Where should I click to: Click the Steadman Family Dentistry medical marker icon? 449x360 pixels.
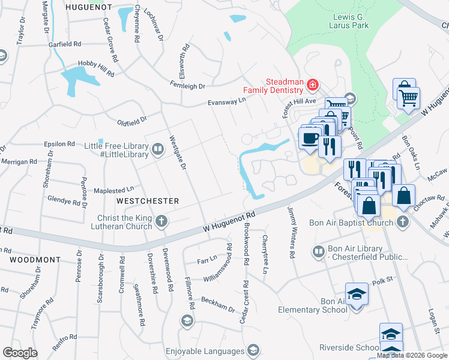(312, 86)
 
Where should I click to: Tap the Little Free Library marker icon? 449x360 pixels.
(158, 149)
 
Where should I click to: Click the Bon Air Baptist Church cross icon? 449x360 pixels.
(402, 223)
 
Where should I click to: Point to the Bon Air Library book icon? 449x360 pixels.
(319, 251)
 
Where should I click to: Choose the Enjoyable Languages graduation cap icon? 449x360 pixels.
(253, 350)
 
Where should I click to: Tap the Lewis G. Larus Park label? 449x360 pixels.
(351, 21)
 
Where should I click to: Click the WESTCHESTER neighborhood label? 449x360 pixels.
(148, 200)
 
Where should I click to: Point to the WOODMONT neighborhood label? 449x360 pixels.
(35, 260)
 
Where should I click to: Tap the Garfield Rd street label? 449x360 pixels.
(65, 44)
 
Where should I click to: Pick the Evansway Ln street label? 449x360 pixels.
(227, 102)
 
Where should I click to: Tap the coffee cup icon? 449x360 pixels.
(310, 139)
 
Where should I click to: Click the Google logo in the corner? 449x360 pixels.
(20, 353)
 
